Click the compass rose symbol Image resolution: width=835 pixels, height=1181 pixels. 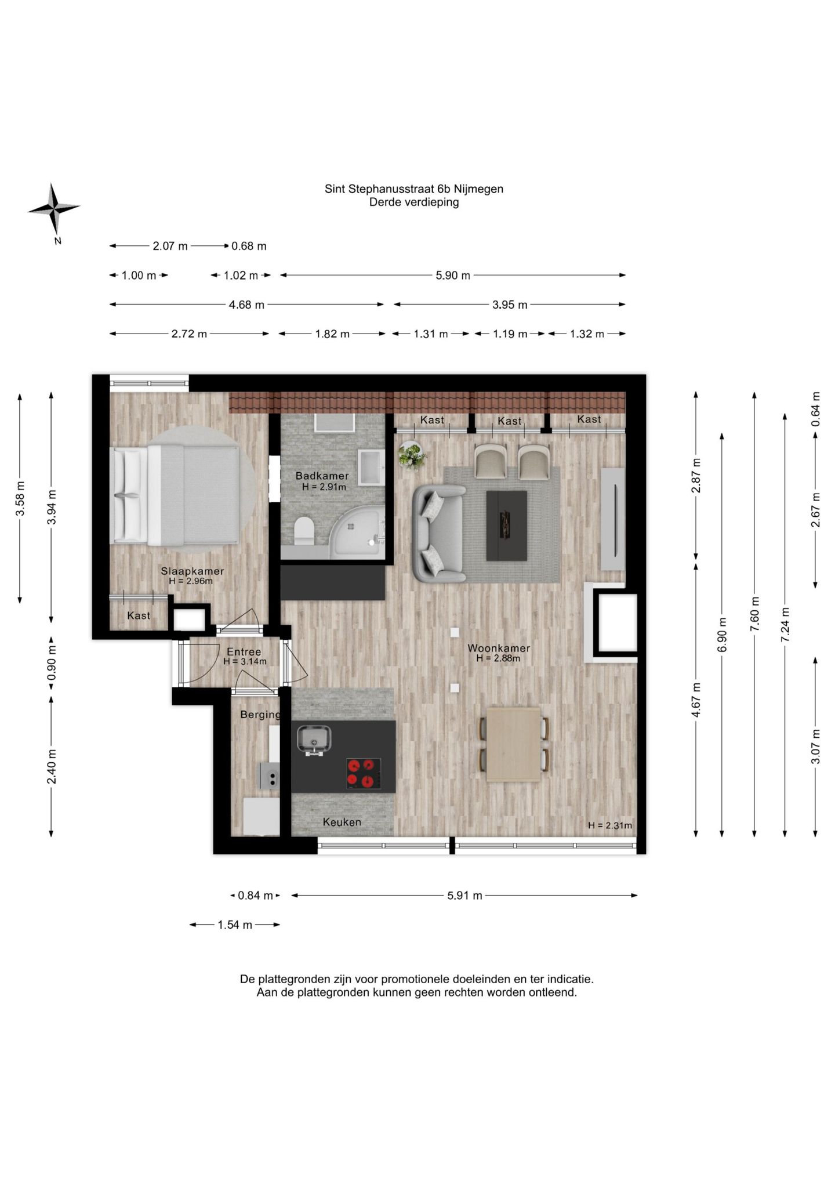54,208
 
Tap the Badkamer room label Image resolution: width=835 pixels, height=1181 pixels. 322,476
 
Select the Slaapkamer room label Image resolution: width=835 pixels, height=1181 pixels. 192,571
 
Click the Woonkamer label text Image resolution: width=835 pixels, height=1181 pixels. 499,648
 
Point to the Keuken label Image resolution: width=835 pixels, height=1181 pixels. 342,822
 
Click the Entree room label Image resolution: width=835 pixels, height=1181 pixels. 244,651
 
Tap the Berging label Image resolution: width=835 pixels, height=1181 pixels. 260,715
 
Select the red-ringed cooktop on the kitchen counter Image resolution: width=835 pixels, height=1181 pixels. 364,774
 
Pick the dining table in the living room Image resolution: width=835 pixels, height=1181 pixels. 514,744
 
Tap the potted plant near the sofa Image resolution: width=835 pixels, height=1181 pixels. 412,456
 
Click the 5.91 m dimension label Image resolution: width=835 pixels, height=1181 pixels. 464,896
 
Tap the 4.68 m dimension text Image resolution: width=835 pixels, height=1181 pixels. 246,305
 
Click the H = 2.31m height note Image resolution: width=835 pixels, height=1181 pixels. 610,825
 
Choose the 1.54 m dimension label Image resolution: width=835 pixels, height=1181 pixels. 235,925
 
